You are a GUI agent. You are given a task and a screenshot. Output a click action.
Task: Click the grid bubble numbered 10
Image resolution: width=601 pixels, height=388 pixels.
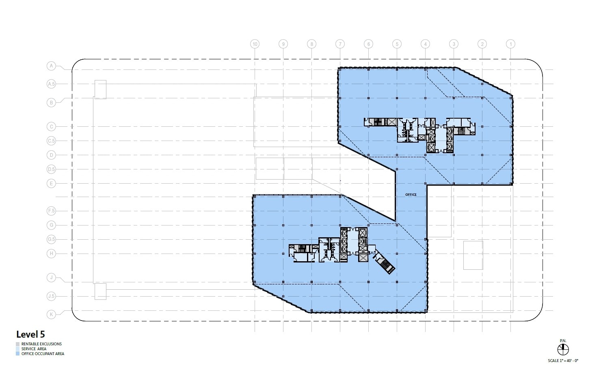255,44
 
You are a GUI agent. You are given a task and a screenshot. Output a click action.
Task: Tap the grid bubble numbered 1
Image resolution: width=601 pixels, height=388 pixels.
510,44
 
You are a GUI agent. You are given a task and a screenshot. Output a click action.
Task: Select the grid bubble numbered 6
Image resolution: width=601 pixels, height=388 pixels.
368,44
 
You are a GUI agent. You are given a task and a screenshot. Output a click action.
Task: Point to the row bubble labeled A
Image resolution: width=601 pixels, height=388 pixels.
51,65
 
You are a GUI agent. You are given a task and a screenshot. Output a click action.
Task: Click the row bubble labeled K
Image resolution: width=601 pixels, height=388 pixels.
51,314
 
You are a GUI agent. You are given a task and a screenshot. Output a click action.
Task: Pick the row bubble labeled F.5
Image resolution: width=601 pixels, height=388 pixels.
51,211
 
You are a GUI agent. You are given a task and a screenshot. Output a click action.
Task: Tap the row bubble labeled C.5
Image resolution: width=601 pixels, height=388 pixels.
51,141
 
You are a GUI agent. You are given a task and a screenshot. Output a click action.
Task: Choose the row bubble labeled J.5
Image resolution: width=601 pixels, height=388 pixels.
51,296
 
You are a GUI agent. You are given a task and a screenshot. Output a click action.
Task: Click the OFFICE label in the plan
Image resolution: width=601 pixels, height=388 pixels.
411,195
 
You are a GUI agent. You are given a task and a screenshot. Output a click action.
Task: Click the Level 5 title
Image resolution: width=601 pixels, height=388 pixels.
30,334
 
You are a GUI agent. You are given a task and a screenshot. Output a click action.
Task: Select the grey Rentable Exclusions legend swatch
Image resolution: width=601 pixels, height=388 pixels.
18,344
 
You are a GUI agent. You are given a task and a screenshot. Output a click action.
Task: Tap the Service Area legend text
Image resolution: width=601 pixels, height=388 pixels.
34,349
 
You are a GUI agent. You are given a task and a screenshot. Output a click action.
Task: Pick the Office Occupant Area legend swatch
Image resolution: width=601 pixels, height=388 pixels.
18,353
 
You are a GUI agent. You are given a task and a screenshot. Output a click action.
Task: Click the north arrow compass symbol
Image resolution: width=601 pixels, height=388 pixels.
563,349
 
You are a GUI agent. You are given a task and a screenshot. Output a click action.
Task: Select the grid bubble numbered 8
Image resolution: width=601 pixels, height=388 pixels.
311,44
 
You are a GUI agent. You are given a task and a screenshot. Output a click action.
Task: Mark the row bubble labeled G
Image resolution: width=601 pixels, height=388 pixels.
51,225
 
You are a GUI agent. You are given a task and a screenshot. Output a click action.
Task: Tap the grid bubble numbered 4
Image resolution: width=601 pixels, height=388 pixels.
425,44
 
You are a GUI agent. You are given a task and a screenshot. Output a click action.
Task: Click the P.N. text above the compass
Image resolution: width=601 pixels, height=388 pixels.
563,340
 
